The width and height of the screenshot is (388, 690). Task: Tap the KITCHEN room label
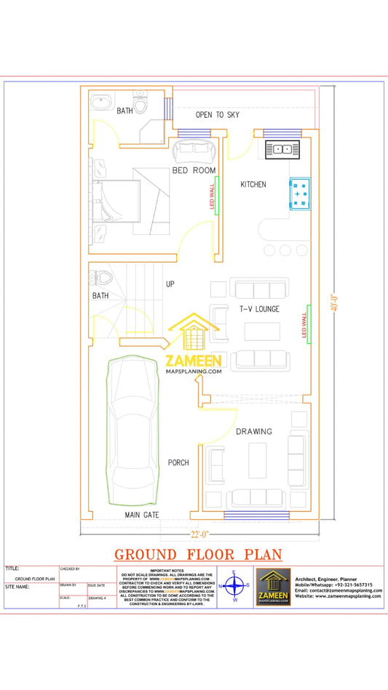tap(253, 185)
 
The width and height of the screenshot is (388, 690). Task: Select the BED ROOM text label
tap(194, 170)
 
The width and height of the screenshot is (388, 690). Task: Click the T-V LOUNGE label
tap(260, 309)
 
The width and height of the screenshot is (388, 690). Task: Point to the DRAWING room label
tap(253, 431)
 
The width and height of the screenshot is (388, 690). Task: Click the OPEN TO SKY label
tap(217, 115)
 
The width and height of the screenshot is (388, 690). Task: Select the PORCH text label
tap(178, 462)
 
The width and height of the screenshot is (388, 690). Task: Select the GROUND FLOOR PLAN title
tap(198, 555)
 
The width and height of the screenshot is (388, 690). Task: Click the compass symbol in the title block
tap(234, 585)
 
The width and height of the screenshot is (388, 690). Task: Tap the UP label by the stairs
tap(170, 284)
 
